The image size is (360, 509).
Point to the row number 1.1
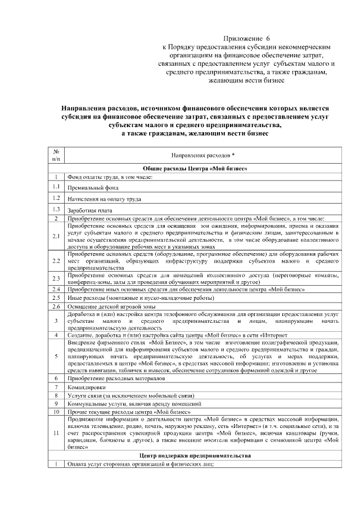57,186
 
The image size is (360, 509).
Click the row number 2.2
57,261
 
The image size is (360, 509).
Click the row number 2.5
57,298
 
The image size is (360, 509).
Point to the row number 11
57,433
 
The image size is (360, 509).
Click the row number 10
57,412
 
